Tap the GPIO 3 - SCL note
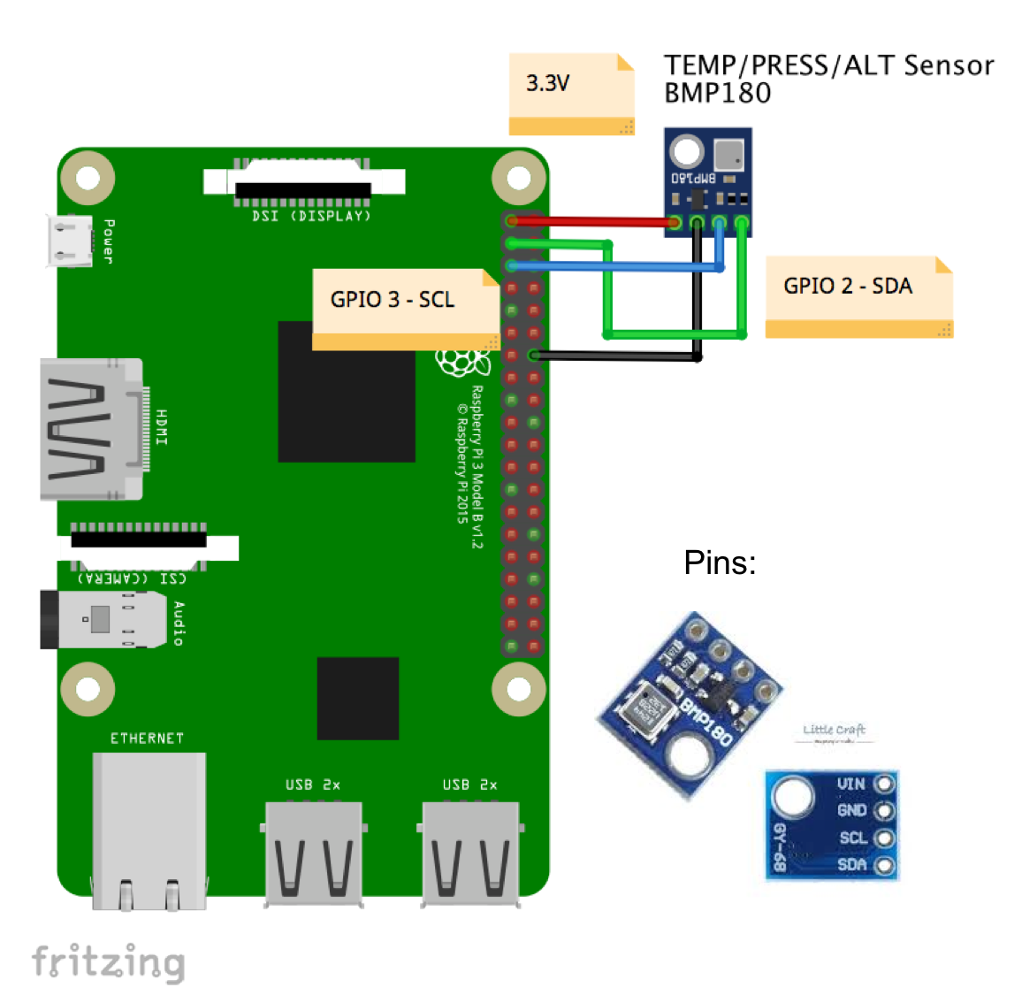point(405,306)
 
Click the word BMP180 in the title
point(717,94)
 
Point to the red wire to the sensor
point(592,221)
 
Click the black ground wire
point(619,356)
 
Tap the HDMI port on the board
point(88,429)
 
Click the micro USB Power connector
point(70,241)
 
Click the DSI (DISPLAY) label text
point(311,216)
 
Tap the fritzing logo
point(108,962)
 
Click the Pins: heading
point(720,563)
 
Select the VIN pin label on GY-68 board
point(850,784)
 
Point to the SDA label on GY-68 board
point(851,864)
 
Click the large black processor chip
point(346,392)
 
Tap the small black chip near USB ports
point(358,698)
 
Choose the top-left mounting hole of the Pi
point(88,178)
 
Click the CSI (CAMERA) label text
point(133,578)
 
